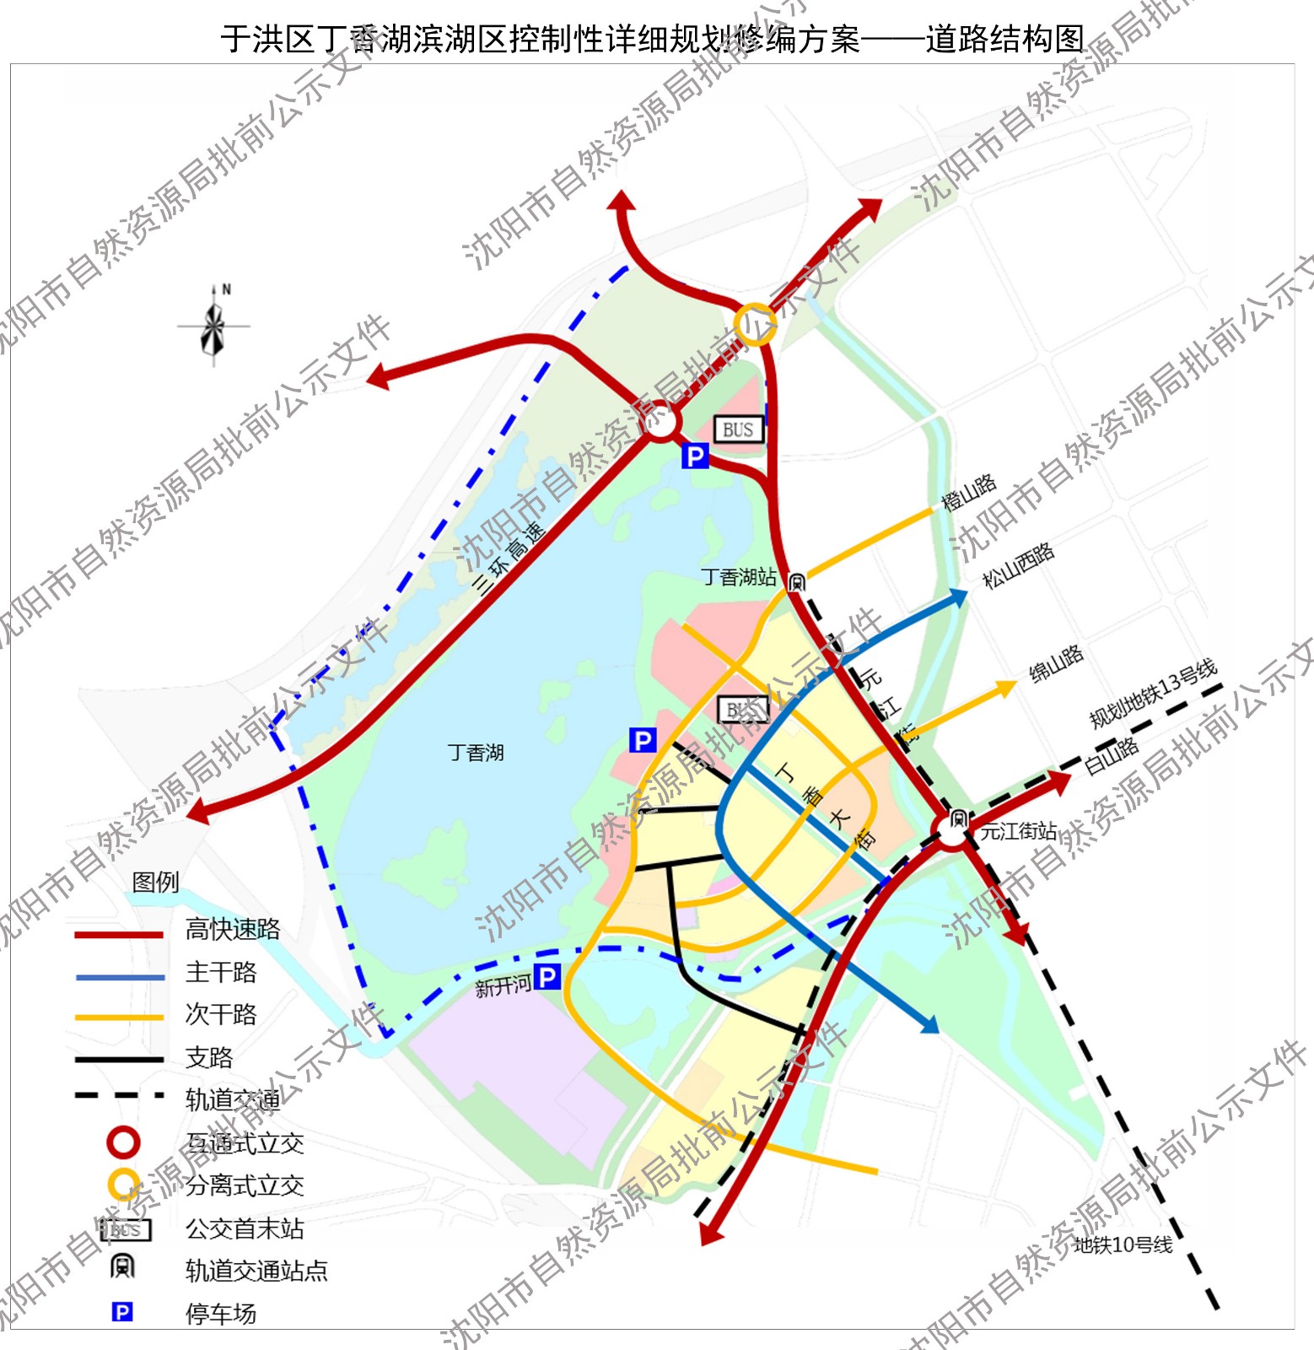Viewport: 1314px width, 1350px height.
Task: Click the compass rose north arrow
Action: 214,325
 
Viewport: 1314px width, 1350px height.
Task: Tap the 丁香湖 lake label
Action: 476,752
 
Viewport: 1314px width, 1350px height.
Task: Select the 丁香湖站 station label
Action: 739,577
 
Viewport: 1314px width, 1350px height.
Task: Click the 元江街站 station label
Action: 1018,831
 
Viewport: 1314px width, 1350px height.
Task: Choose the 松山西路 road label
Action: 1018,564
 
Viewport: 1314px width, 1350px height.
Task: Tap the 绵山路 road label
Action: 1056,663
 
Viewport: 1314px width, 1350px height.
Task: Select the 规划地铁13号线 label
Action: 1153,694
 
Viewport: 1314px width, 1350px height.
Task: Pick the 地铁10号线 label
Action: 1123,1245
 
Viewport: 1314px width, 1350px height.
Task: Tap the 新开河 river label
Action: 503,985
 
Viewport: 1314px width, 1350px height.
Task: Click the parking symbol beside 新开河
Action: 547,977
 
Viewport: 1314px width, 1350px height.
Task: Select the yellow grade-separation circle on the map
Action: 754,324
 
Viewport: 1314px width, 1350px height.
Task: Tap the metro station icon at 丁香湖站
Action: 796,581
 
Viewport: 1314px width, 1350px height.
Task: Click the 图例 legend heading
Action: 156,882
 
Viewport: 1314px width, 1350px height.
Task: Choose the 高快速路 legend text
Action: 233,929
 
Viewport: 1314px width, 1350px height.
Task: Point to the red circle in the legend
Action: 124,1142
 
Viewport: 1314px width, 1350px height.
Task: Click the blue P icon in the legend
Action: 122,1312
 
